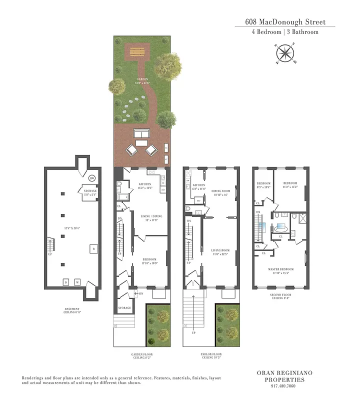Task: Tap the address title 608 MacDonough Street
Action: coord(285,21)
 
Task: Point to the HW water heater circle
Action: coord(92,178)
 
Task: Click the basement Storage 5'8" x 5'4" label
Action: coord(90,192)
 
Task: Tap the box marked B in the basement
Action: coord(92,248)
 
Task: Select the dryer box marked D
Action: coord(65,282)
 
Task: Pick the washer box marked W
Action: coord(77,282)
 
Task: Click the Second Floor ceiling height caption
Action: coord(281,297)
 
